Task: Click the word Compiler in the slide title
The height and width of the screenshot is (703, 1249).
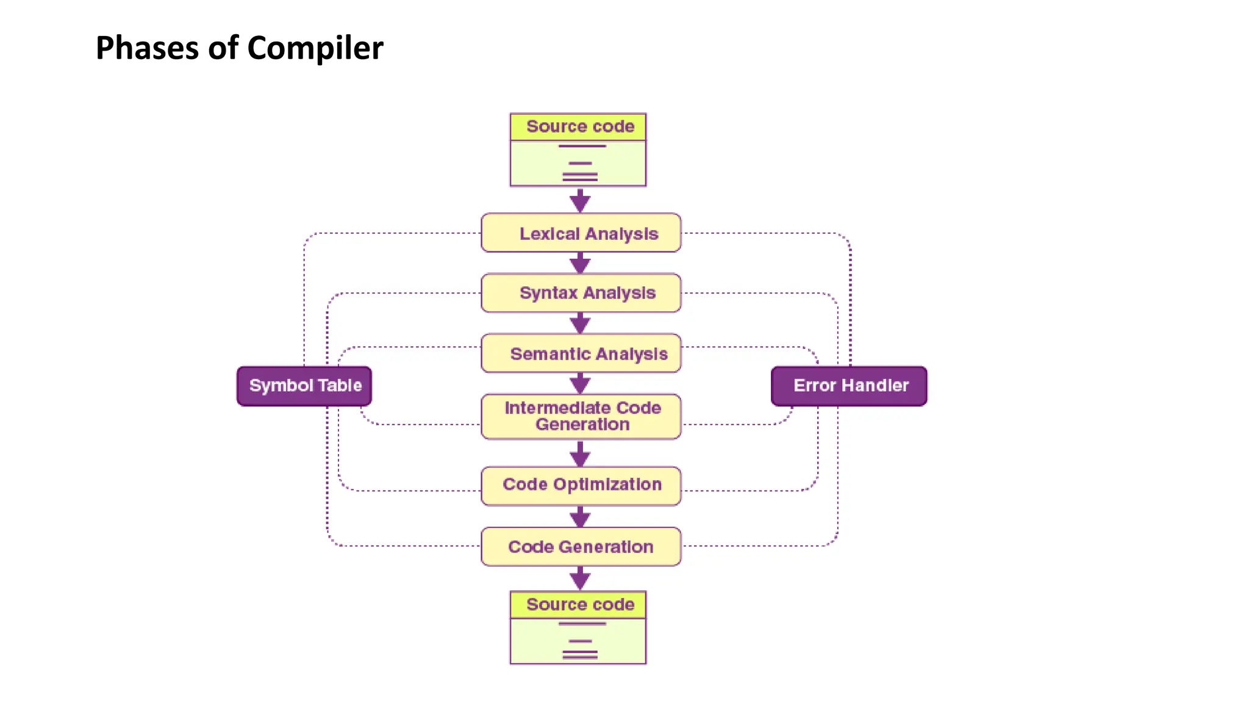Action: [x=315, y=48]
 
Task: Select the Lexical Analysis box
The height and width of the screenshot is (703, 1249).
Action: [x=581, y=233]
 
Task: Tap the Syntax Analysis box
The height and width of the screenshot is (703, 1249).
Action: [x=581, y=293]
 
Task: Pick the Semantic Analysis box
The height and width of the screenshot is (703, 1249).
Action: [x=581, y=353]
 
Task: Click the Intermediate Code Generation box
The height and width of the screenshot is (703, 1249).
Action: [x=581, y=416]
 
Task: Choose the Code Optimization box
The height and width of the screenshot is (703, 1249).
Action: [x=581, y=485]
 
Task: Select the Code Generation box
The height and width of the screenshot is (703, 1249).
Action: [x=581, y=547]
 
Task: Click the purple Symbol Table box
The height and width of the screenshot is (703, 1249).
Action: [x=304, y=386]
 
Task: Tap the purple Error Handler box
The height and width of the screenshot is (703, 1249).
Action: [x=849, y=386]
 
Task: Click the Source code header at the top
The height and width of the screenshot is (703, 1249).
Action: [x=579, y=126]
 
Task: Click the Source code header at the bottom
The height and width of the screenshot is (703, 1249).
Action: [x=579, y=604]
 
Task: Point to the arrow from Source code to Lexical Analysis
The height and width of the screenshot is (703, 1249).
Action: [x=580, y=201]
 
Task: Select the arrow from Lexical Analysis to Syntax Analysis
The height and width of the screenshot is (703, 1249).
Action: [x=580, y=264]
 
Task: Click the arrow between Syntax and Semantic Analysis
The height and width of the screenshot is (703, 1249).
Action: [x=580, y=323]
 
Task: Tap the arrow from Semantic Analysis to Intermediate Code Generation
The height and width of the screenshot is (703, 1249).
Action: [x=580, y=384]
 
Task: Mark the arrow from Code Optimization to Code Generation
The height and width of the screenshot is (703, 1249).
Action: [x=580, y=517]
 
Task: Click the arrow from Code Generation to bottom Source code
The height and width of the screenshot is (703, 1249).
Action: [x=580, y=579]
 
